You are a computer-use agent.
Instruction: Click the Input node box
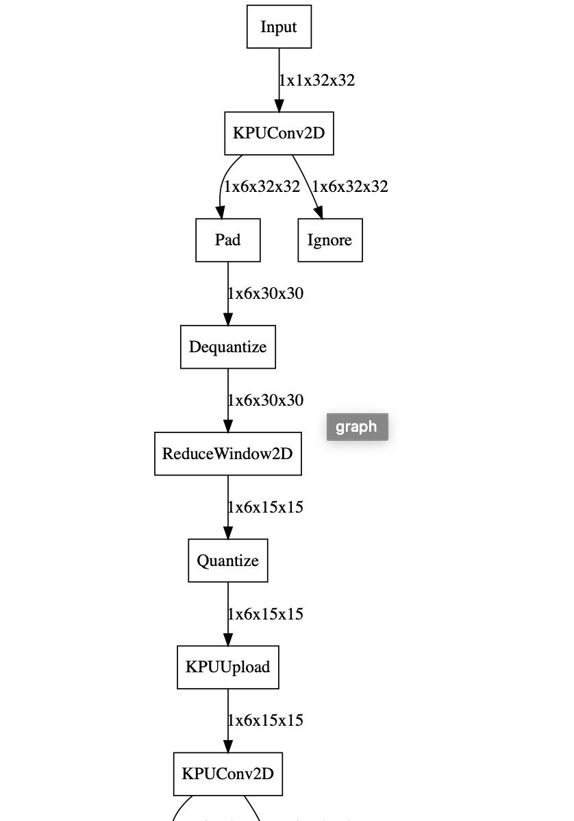[x=279, y=27]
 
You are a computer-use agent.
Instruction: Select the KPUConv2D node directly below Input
[x=279, y=133]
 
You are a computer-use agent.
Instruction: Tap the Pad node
[x=227, y=240]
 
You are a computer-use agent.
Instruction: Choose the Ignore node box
[x=329, y=240]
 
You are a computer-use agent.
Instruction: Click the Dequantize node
[x=227, y=347]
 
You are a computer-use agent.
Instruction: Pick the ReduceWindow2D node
[x=227, y=454]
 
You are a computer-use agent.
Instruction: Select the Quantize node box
[x=227, y=561]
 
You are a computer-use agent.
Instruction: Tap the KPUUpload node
[x=227, y=667]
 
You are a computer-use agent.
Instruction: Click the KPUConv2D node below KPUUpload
[x=227, y=774]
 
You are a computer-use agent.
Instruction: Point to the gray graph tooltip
[x=357, y=427]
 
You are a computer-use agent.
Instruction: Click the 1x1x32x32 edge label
[x=317, y=80]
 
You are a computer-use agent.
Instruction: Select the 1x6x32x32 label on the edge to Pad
[x=262, y=186]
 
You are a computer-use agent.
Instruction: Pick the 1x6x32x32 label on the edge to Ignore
[x=350, y=186]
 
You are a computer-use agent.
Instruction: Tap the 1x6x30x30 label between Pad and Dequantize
[x=266, y=293]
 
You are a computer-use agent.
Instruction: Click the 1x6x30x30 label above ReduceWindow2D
[x=266, y=400]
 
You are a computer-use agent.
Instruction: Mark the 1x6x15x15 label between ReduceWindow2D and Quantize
[x=266, y=507]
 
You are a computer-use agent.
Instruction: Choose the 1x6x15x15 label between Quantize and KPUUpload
[x=266, y=614]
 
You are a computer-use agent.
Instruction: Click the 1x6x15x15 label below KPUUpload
[x=266, y=720]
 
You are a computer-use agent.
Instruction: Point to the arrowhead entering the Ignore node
[x=319, y=212]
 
